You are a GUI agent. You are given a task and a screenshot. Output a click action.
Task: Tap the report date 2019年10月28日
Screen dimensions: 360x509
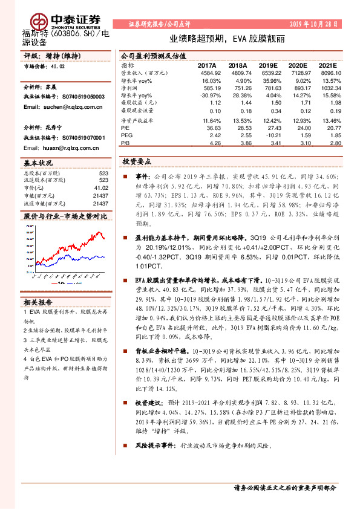click(x=315, y=24)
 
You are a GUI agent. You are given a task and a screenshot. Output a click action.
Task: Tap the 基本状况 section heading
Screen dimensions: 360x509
click(x=38, y=164)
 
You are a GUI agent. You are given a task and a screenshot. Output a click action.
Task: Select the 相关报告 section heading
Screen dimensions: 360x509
click(x=38, y=302)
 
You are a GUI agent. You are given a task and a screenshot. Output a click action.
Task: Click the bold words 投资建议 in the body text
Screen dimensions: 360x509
click(x=148, y=402)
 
